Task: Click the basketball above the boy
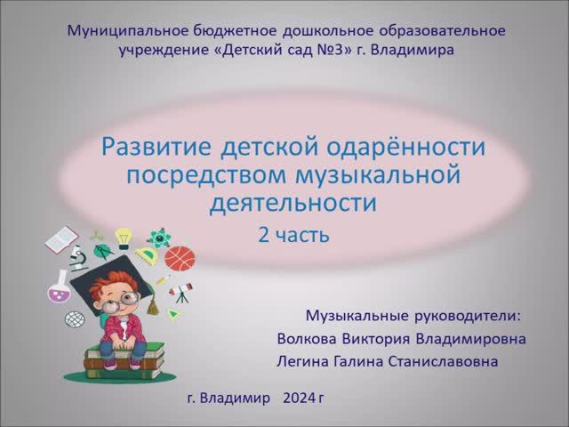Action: tap(180, 258)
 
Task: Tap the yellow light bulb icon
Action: tap(124, 238)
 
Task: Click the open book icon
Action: tap(61, 238)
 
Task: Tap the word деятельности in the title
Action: tap(293, 204)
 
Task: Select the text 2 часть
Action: tap(293, 235)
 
